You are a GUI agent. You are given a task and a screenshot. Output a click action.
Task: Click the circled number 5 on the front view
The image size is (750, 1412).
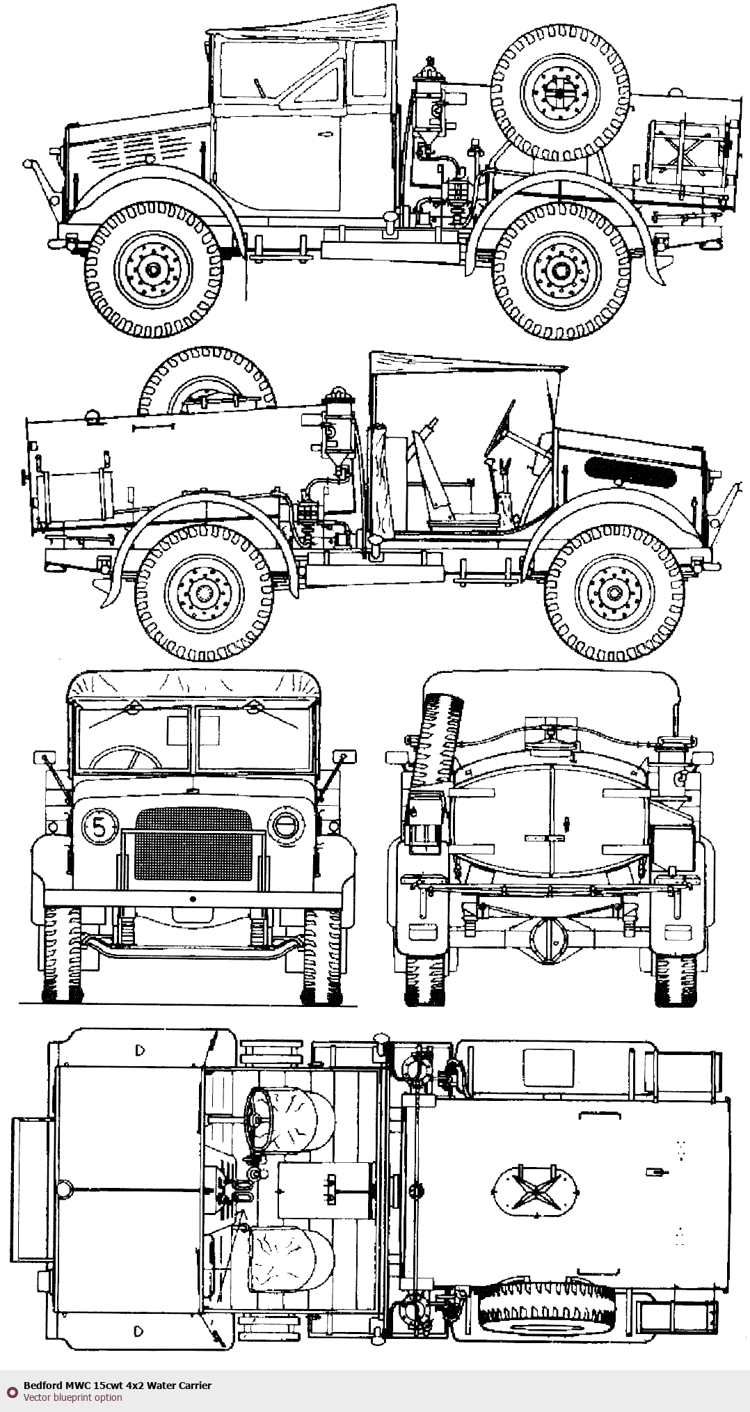99,827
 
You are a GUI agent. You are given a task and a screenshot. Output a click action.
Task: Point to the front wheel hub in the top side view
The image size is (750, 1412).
153,268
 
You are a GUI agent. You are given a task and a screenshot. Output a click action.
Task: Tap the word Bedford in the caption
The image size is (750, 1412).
41,1386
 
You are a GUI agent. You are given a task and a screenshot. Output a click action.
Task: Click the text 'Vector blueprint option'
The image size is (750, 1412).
72,1397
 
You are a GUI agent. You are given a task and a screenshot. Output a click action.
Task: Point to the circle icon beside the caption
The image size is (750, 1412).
12,1391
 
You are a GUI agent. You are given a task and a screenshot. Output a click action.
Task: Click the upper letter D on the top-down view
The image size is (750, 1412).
141,1051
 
